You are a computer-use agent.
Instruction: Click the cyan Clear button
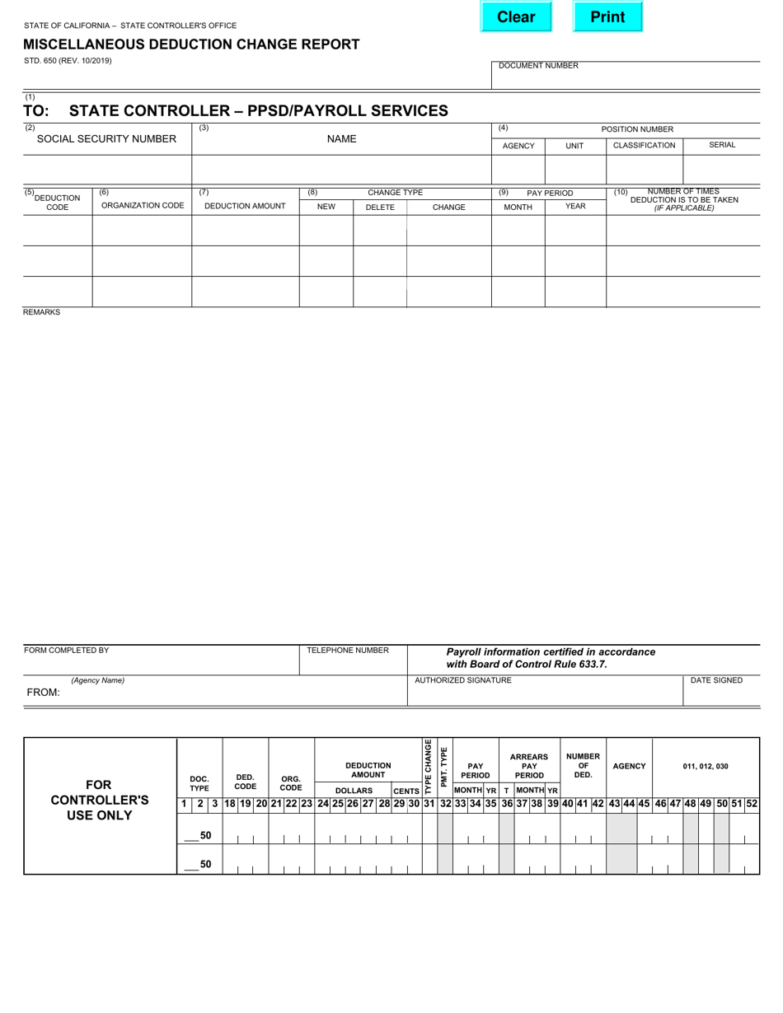tap(515, 17)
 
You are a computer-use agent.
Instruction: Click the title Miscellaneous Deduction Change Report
tap(191, 44)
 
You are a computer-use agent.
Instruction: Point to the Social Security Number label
tap(106, 139)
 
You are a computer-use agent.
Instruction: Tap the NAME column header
tap(341, 139)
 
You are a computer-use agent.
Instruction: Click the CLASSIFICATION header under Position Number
tap(644, 145)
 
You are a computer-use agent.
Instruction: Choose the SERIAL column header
tap(722, 145)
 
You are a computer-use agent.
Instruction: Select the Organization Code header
tap(142, 206)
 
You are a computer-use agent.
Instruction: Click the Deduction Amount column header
tap(245, 207)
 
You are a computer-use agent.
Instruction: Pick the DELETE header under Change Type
tap(379, 208)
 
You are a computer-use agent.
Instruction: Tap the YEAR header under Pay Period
tap(575, 207)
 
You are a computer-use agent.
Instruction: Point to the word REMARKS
tap(41, 313)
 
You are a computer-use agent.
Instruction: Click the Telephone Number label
tap(347, 651)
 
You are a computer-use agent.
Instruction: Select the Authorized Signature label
tap(462, 680)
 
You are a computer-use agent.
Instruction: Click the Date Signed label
tap(716, 680)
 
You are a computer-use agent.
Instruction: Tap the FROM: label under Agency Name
tap(43, 693)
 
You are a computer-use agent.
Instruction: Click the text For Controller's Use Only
tap(100, 800)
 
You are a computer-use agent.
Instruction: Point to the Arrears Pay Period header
tap(529, 766)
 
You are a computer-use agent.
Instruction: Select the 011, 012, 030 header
tap(705, 766)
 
